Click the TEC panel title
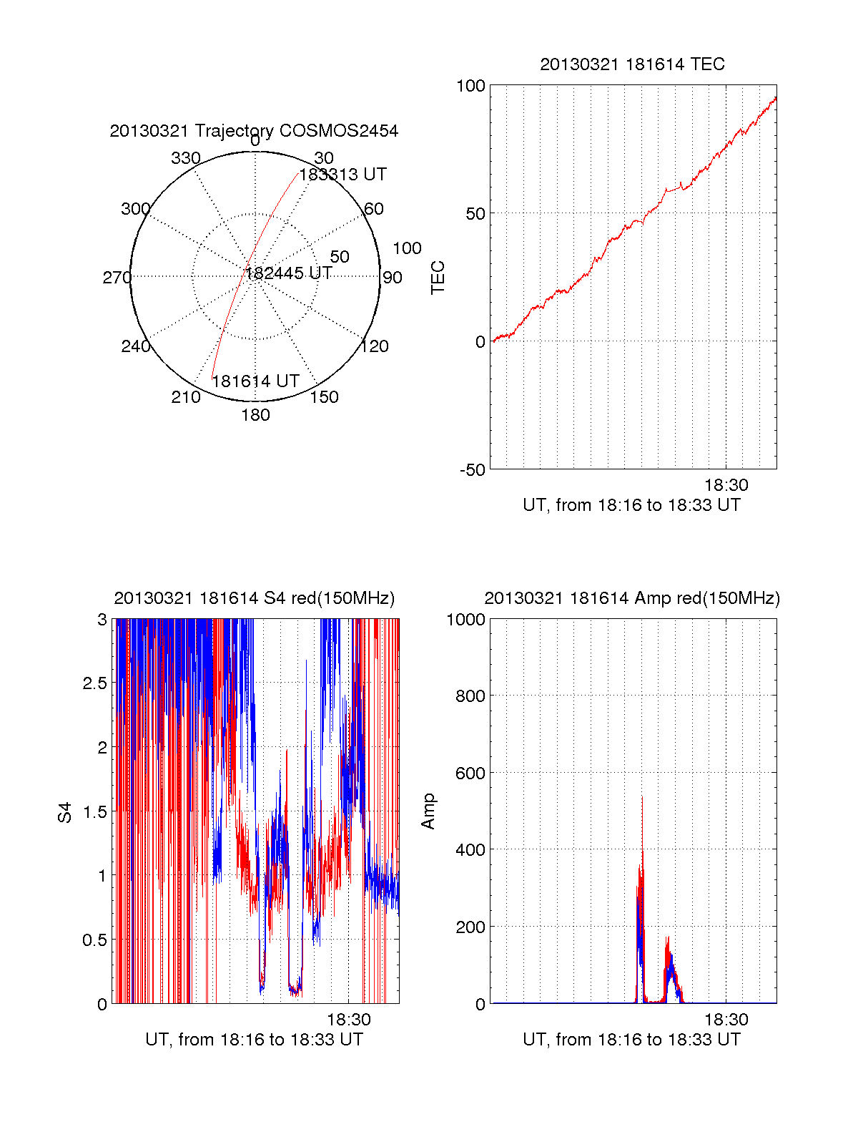click(x=632, y=64)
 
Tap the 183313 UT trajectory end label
click(x=342, y=175)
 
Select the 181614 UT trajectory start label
click(x=255, y=381)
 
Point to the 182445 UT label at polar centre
click(x=289, y=273)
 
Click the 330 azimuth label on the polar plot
click(x=186, y=158)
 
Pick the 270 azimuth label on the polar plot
click(x=117, y=278)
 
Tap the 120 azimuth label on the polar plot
click(x=375, y=347)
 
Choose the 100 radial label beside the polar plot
click(x=407, y=248)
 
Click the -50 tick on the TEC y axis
click(x=472, y=470)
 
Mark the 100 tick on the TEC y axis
click(x=470, y=87)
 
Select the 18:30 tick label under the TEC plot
click(x=726, y=485)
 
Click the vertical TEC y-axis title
click(x=438, y=278)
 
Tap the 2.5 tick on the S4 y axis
click(x=94, y=683)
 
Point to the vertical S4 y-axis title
click(x=65, y=812)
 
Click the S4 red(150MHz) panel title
click(x=255, y=598)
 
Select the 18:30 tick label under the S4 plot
click(x=349, y=1020)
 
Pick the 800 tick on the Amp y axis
click(x=470, y=696)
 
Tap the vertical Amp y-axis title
click(x=428, y=811)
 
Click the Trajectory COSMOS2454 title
click(x=254, y=131)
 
